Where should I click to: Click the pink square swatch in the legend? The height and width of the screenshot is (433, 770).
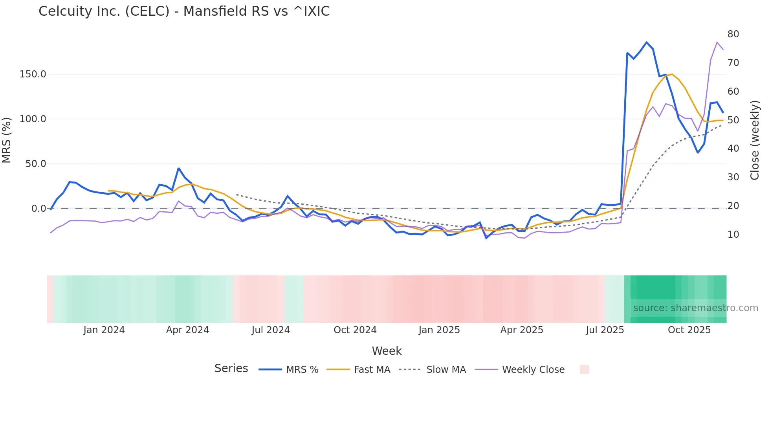(584, 369)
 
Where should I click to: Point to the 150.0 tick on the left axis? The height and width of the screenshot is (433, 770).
(33, 74)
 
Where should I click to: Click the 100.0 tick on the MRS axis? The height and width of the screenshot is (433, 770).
(33, 119)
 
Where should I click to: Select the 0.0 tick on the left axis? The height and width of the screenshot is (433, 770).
(39, 209)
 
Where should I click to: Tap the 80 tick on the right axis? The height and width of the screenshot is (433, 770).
(733, 34)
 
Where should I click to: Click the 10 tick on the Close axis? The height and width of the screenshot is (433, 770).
(733, 235)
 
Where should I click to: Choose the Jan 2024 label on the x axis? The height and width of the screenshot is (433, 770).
(104, 330)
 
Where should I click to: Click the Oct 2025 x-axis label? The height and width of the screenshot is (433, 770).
(689, 330)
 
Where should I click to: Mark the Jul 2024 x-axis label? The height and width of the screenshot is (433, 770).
(271, 330)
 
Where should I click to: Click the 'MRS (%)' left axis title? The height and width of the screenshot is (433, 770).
(7, 140)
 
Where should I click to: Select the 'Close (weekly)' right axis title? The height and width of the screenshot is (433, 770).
(754, 140)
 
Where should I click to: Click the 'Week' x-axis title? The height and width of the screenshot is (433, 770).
(387, 351)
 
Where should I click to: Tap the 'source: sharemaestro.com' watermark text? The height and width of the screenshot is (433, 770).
(695, 308)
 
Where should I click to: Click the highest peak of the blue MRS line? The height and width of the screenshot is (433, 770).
(646, 42)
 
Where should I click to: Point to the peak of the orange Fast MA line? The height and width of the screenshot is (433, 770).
(672, 74)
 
